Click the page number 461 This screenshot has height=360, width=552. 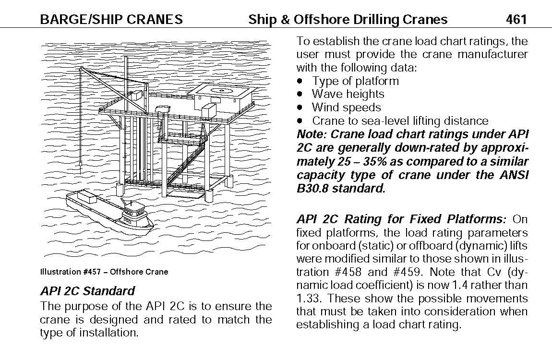pos(516,19)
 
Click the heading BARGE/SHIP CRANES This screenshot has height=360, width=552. pos(111,19)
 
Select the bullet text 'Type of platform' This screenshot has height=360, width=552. pos(355,81)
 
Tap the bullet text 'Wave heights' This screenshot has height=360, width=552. pos(348,94)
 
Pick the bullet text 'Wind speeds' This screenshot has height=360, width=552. pos(346,108)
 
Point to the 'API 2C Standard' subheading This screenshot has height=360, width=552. pos(88,291)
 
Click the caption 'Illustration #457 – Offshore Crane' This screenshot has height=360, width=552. pos(104,272)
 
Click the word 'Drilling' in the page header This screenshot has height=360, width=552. pos(378,19)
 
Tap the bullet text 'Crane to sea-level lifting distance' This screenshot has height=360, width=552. pos(400,121)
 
